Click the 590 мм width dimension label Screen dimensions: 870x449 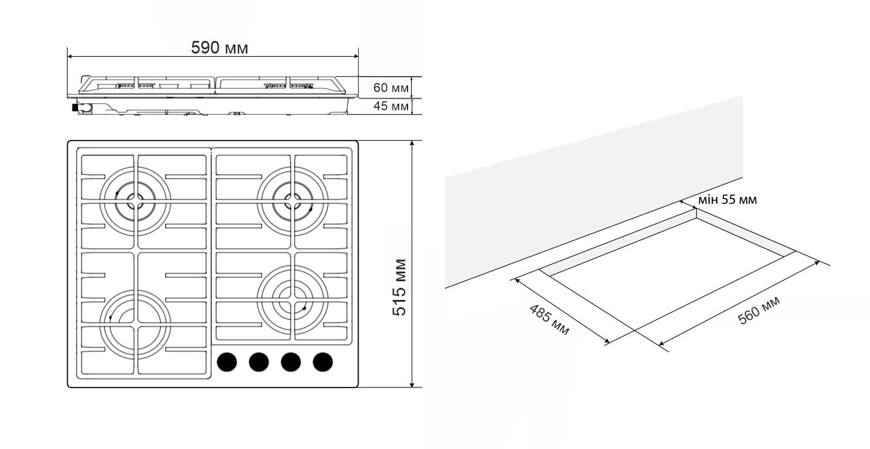[219, 48]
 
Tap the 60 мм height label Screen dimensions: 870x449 [391, 88]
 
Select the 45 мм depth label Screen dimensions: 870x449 [391, 106]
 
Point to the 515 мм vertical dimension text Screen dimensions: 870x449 [399, 287]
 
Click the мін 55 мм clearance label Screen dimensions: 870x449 [728, 200]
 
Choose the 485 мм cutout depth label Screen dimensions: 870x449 [549, 320]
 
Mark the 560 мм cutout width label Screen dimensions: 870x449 [759, 310]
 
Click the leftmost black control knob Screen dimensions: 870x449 [227, 361]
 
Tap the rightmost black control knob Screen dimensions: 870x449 [323, 361]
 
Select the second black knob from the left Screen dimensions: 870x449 [258, 361]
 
